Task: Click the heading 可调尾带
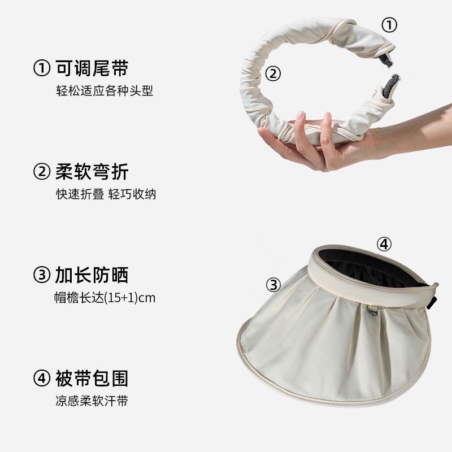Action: coord(92,68)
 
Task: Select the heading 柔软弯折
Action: coord(92,172)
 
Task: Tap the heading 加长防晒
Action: coord(92,275)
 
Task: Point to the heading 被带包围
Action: coord(92,378)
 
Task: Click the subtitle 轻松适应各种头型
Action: coord(105,91)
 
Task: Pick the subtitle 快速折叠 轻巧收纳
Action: coord(106,194)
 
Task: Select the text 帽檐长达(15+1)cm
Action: coord(105,298)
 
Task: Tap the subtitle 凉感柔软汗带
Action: coord(92,401)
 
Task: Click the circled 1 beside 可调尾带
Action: coord(42,68)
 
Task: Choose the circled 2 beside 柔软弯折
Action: coord(42,172)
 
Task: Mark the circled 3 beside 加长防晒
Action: coord(42,275)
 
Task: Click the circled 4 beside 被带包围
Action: coord(42,378)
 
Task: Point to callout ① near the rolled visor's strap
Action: coord(389,25)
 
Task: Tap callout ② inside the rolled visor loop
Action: coord(273,73)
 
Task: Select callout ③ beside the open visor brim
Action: coord(273,285)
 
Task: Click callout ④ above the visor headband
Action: coord(384,245)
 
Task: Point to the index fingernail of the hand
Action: coord(301,115)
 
